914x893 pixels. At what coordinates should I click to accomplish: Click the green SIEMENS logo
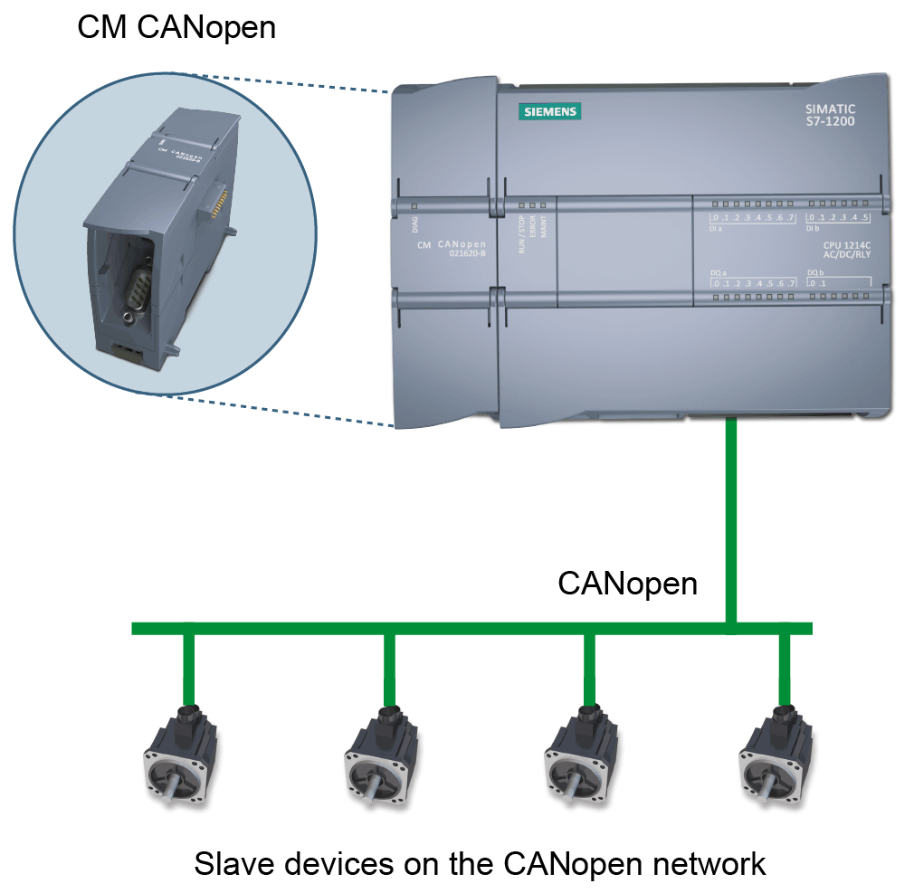pyautogui.click(x=549, y=112)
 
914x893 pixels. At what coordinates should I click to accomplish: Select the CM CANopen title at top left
pyautogui.click(x=176, y=27)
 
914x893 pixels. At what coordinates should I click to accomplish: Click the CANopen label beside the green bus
pyautogui.click(x=627, y=584)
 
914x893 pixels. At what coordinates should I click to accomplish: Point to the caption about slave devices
pyautogui.click(x=480, y=863)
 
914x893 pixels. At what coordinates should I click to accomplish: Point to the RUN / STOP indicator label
pyautogui.click(x=521, y=233)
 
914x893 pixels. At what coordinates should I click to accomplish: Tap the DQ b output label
pyautogui.click(x=814, y=272)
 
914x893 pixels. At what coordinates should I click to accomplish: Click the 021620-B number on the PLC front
pyautogui.click(x=468, y=253)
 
